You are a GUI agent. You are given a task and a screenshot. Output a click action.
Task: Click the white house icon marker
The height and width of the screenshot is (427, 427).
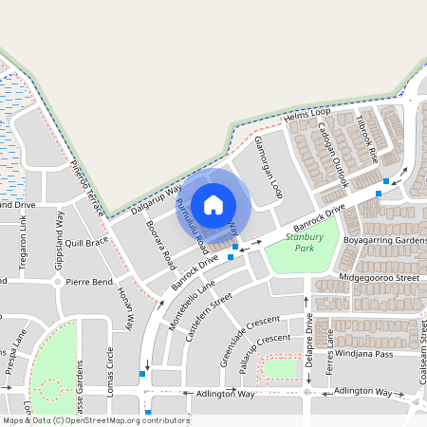click(x=213, y=204)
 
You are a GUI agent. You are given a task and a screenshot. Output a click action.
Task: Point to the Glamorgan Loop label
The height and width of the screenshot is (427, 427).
click(x=269, y=166)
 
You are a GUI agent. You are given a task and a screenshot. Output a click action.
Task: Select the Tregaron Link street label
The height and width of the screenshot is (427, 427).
click(x=24, y=236)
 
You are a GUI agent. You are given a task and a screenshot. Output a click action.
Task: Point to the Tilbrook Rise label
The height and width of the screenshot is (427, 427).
click(x=367, y=139)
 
